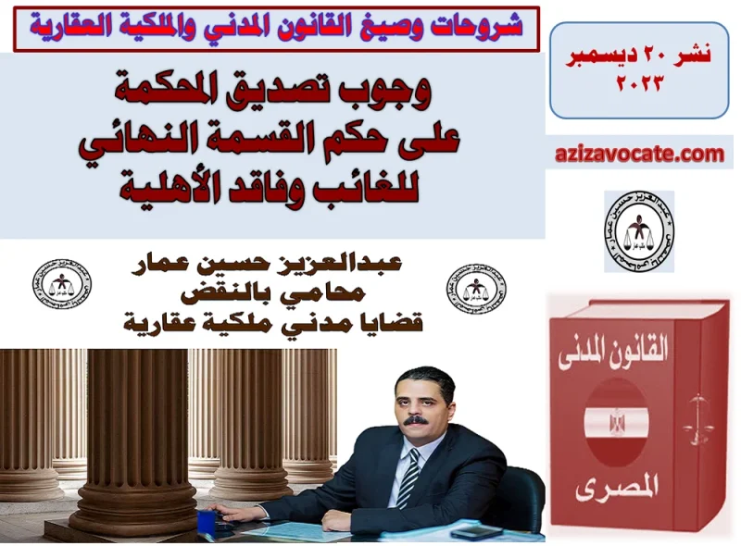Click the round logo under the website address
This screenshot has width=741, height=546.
[638, 231]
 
